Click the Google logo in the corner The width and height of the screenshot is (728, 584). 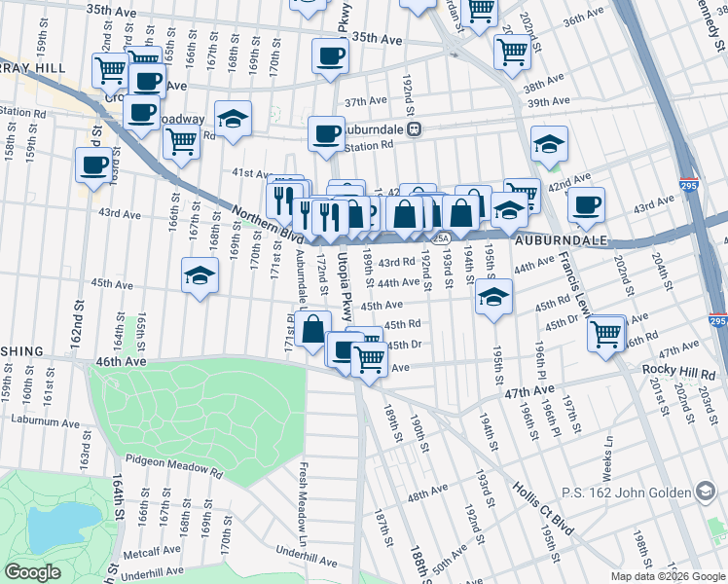32,572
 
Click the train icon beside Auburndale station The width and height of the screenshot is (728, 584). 414,128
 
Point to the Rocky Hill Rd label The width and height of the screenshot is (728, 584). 677,373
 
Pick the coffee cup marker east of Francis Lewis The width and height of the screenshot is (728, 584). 586,204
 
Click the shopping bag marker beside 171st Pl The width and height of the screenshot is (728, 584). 313,329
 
